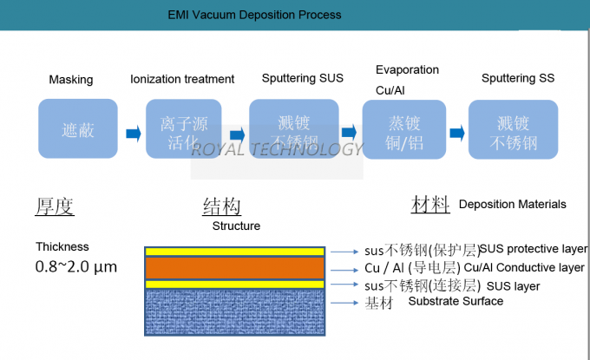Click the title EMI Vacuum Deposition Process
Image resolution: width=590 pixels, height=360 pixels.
254,15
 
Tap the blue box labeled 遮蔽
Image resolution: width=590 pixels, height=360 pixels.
78,129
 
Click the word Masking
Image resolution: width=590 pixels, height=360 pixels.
71,80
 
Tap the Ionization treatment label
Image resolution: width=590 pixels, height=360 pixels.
182,79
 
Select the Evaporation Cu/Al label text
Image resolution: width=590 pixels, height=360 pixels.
407,79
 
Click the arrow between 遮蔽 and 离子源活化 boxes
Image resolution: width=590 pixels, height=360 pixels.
133,134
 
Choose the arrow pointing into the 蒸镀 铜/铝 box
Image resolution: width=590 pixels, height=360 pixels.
349,132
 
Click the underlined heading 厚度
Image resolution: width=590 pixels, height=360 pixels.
55,206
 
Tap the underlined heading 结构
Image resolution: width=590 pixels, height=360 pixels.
222,206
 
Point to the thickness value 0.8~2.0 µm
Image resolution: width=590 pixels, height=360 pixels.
76,266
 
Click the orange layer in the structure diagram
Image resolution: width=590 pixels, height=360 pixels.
235,268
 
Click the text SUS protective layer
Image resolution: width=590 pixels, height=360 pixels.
531,249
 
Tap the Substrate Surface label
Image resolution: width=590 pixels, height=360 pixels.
456,301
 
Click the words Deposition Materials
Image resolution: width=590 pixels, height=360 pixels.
512,205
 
